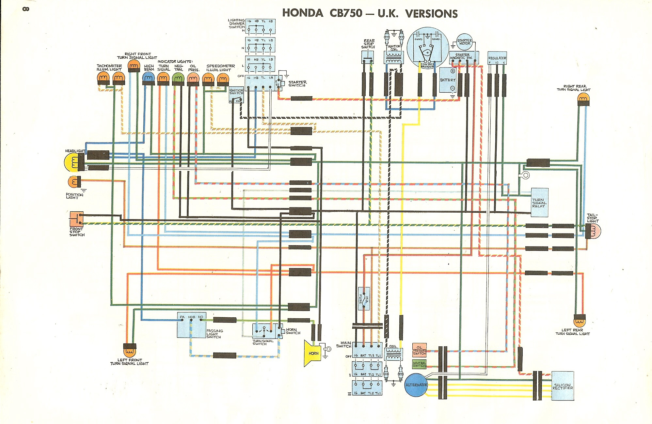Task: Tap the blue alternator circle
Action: (x=416, y=385)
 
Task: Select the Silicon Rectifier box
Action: (x=563, y=386)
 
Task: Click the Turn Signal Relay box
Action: (x=540, y=203)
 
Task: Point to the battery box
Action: (x=448, y=80)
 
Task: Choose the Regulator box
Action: (x=497, y=58)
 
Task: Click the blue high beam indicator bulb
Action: (x=149, y=78)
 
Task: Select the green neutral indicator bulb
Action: (x=178, y=78)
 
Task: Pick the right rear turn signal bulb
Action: (x=583, y=98)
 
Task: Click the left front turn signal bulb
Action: (x=129, y=352)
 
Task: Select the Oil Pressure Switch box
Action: (x=419, y=350)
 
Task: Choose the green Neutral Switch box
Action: (x=419, y=364)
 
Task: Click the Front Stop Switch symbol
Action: (x=76, y=219)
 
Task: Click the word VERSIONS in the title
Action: (x=431, y=14)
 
